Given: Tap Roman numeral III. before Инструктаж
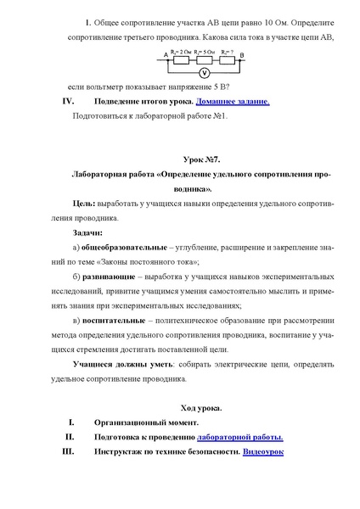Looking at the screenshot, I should tap(70, 452).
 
